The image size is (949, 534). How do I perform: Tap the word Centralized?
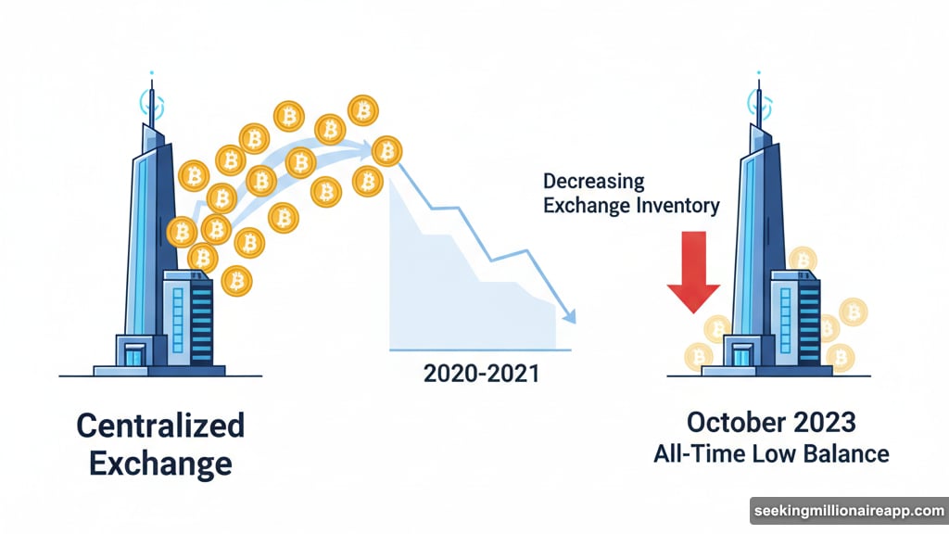point(160,425)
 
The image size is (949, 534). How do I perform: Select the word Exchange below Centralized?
point(160,464)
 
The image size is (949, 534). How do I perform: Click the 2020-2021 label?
point(481,374)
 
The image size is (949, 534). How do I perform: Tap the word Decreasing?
point(594,182)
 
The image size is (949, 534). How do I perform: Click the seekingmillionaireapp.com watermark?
point(849,511)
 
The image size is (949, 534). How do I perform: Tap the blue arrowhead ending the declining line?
point(569,315)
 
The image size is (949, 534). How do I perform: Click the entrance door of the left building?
point(134,355)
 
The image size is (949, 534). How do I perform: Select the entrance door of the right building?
point(742,355)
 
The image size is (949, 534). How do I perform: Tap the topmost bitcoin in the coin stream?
point(363,111)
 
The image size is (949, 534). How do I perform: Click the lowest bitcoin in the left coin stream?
point(236,281)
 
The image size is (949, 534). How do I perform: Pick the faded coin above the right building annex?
point(803,261)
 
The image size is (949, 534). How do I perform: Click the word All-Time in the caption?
point(699,454)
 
